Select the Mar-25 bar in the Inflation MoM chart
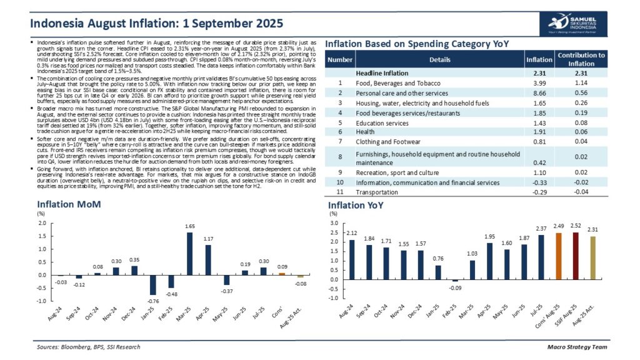coord(189,254)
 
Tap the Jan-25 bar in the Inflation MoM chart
coord(152,285)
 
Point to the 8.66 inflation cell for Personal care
coord(539,93)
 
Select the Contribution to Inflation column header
coord(581,59)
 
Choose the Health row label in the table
coord(366,132)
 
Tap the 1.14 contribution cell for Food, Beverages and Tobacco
coord(581,83)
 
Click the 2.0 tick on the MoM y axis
coord(41,223)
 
